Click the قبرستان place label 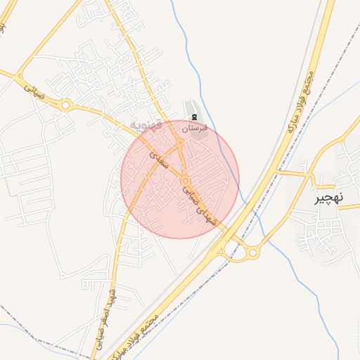click(195, 129)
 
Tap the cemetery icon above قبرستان click(195, 115)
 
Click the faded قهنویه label click(146, 126)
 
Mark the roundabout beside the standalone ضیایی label click(66, 105)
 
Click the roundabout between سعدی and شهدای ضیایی click(185, 180)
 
